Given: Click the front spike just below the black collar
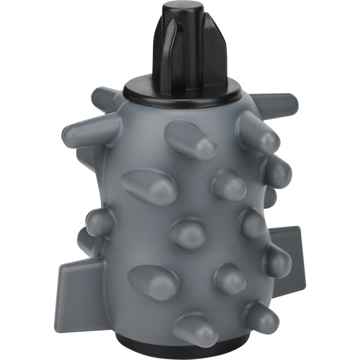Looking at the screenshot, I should coord(191,140).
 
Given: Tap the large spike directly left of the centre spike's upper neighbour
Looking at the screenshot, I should coord(150,186).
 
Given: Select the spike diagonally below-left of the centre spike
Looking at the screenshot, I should coord(154,281).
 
